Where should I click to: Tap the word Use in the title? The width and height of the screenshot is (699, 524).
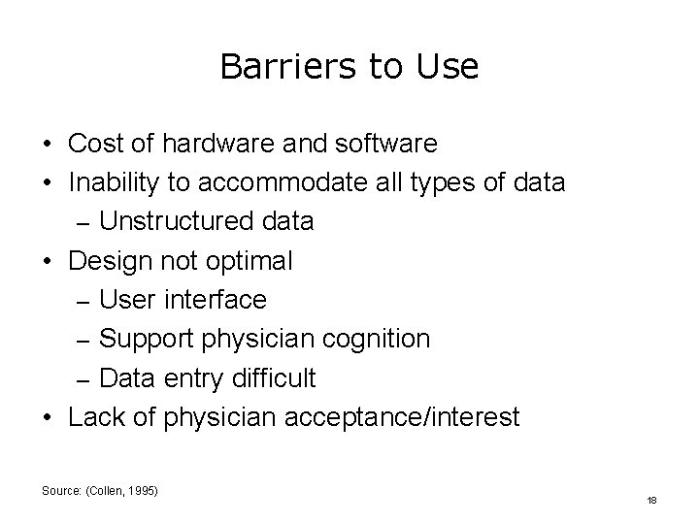(x=447, y=67)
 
